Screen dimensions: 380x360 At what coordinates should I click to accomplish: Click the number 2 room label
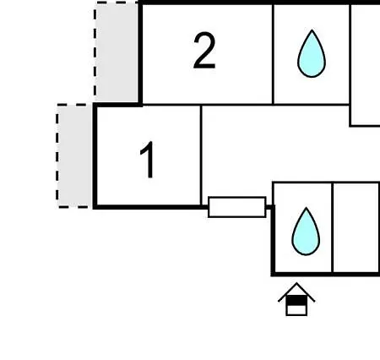click(204, 51)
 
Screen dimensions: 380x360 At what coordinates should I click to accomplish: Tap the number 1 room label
click(148, 160)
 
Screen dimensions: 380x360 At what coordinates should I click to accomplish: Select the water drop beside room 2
click(312, 53)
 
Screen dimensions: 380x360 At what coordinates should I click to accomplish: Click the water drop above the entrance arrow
click(306, 232)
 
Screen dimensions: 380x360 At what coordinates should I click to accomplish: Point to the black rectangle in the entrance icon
click(296, 300)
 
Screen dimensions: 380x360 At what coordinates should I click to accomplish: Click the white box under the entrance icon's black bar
click(296, 310)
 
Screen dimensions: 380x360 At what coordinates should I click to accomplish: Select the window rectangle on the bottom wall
click(237, 207)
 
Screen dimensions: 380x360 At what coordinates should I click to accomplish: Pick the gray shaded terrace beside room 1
click(75, 155)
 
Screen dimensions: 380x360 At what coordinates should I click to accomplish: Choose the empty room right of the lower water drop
click(356, 228)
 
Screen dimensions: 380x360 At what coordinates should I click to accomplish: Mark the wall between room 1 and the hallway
click(201, 155)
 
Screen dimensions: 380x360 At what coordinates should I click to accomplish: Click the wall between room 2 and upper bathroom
click(273, 54)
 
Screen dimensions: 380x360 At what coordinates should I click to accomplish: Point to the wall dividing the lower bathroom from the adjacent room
click(333, 228)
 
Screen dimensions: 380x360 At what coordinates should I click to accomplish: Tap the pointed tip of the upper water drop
click(312, 30)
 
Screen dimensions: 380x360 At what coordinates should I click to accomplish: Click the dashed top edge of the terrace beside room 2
click(117, 3)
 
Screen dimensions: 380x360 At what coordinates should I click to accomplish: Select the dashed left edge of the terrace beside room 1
click(57, 155)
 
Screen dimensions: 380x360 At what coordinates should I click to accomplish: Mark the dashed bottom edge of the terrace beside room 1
click(75, 207)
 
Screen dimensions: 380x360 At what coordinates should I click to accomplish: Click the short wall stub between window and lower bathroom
click(269, 207)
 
